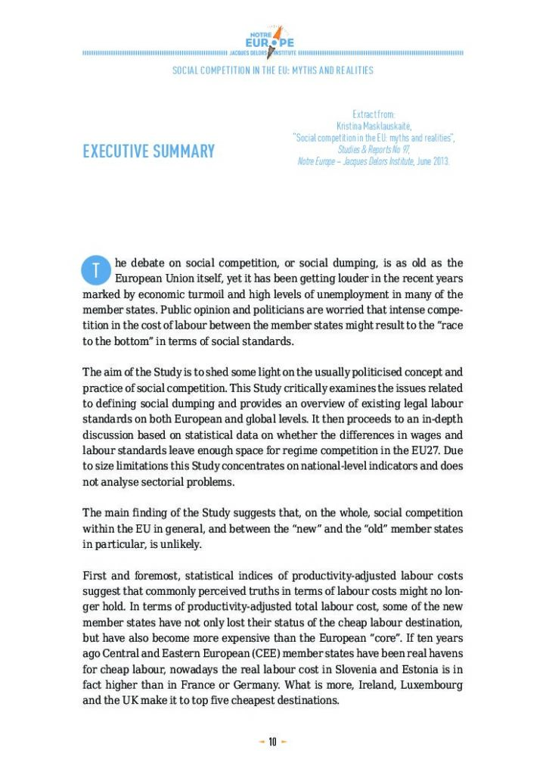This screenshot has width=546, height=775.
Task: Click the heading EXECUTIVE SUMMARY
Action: click(x=149, y=151)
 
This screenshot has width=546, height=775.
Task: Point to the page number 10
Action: click(x=272, y=742)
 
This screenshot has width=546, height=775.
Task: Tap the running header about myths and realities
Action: click(x=272, y=70)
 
